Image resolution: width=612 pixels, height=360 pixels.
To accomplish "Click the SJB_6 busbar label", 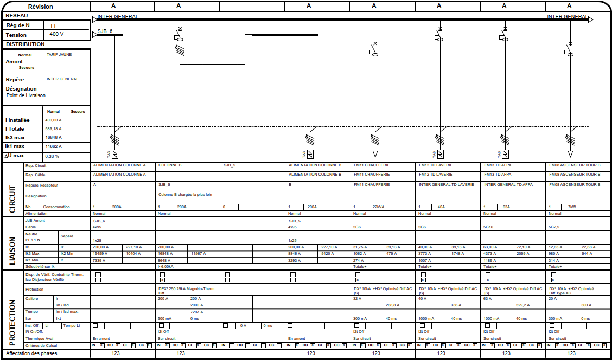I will coord(105,31).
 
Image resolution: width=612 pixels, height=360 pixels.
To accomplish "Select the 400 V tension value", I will coord(57,34).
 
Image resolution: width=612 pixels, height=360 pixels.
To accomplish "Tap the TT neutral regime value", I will coord(53,25).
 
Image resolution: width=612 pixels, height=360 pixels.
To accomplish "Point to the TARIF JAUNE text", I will coord(59,55).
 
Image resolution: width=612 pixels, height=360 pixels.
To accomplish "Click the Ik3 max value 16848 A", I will coord(53,138).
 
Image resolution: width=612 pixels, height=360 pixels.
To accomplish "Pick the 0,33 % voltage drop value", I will coord(52,156).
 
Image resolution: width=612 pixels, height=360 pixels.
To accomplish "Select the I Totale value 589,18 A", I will coord(53,129).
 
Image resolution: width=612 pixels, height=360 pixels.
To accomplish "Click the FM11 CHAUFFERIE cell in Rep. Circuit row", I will coord(372,165).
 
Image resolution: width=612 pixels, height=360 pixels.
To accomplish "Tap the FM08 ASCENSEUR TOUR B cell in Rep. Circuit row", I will coord(575,165).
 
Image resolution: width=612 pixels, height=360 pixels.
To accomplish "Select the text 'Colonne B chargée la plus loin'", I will coord(185,194).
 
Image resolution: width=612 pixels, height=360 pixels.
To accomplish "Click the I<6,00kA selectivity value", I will coord(165,266).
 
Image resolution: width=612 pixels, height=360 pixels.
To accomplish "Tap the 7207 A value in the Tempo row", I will coord(196,312).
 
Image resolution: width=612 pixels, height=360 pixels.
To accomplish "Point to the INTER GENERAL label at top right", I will coord(567,17).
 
